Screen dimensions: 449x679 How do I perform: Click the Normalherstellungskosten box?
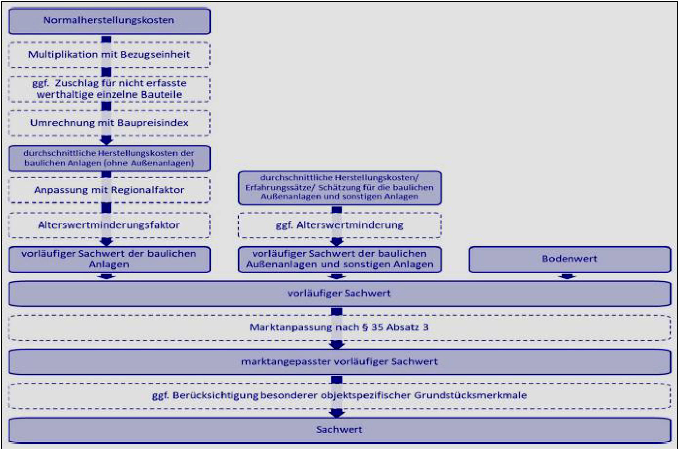click(109, 21)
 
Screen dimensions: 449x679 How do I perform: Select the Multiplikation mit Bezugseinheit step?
click(109, 55)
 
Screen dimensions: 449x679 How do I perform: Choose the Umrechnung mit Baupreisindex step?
click(109, 123)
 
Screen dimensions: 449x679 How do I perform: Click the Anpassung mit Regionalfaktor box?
click(109, 190)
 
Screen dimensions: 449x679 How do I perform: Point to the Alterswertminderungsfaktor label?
click(109, 225)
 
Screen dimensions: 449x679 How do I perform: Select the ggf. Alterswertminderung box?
click(339, 225)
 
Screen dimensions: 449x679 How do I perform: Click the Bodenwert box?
click(570, 259)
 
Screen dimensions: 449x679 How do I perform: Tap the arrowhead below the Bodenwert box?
click(567, 277)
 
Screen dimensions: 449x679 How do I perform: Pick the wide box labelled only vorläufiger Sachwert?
click(339, 294)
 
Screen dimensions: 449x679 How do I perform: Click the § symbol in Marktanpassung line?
click(365, 327)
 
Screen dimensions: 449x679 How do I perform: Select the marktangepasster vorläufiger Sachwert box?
click(339, 362)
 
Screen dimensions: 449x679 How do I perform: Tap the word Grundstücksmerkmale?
click(471, 395)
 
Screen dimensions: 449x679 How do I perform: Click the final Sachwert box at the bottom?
click(339, 430)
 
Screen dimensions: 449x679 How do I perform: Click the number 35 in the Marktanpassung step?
click(377, 327)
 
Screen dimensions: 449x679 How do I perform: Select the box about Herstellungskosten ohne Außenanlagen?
click(109, 158)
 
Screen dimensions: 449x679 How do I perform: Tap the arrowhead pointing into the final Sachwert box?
click(337, 413)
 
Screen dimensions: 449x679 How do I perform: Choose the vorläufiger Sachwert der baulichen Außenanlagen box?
click(339, 259)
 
